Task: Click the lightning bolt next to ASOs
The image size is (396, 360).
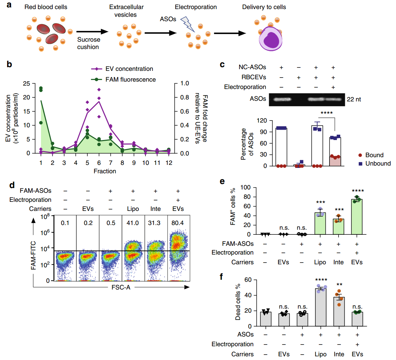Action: (x=187, y=24)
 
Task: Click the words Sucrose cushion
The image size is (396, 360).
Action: (x=88, y=43)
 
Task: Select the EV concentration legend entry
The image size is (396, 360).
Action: (x=122, y=69)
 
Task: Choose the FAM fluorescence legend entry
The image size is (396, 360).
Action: (x=123, y=80)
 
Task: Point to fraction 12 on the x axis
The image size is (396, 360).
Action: (x=169, y=163)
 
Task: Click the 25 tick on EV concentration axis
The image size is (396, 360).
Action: (x=27, y=84)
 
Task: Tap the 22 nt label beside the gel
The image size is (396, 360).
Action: (x=354, y=99)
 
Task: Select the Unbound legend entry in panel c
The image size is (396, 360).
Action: (x=375, y=164)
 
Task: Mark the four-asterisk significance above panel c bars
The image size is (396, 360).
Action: (x=326, y=113)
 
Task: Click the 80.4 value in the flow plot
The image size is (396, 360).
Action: (x=178, y=223)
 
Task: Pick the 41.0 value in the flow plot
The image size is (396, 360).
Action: (x=133, y=223)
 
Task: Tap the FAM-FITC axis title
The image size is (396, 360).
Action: (x=33, y=256)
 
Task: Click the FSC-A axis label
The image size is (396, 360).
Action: (x=121, y=287)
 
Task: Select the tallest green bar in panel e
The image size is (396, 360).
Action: (x=357, y=217)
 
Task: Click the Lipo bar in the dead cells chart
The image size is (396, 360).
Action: (x=321, y=307)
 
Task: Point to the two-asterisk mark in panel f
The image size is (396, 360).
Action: (x=339, y=285)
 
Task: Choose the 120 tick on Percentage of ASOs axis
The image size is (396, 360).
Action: (x=262, y=121)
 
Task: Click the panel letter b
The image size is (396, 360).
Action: (x=9, y=64)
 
